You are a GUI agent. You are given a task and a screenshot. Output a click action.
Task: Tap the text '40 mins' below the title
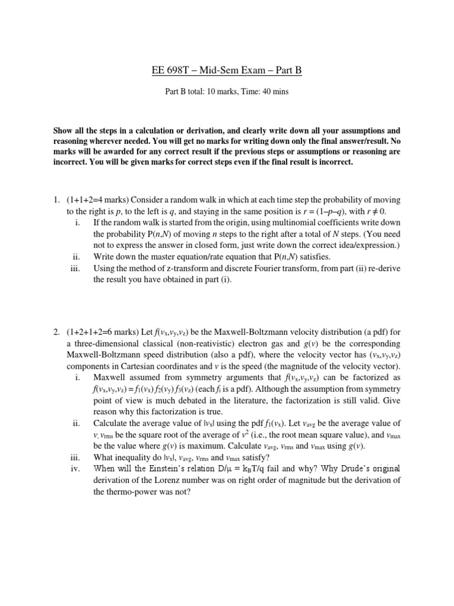pyautogui.click(x=274, y=92)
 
